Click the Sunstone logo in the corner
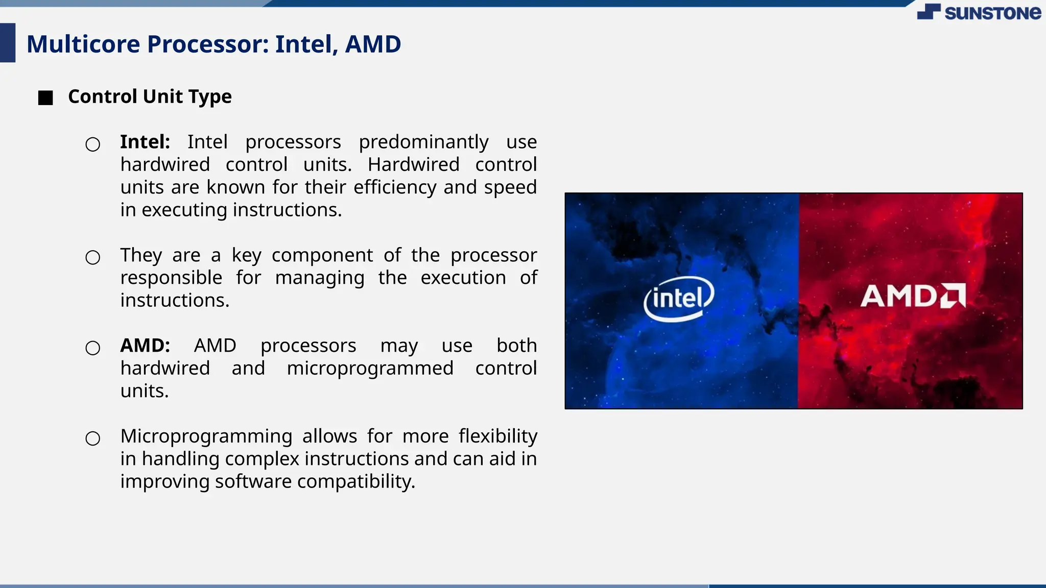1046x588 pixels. coord(979,12)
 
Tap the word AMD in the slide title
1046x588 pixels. coord(373,44)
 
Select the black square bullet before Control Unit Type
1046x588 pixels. coord(45,98)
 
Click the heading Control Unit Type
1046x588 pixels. coord(150,96)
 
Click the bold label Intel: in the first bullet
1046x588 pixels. coord(145,142)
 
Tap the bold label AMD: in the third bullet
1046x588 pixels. coord(145,346)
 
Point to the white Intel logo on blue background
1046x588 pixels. coord(678,298)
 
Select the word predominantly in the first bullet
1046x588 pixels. coord(423,142)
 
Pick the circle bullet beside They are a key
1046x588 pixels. coord(93,257)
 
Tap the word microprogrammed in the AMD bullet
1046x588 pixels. coord(370,368)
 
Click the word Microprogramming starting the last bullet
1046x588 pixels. coord(206,436)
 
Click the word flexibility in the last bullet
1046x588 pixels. coord(497,436)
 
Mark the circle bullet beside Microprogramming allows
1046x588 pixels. coord(93,438)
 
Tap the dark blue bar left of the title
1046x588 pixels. coord(7,43)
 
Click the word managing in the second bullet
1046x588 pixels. coord(320,278)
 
